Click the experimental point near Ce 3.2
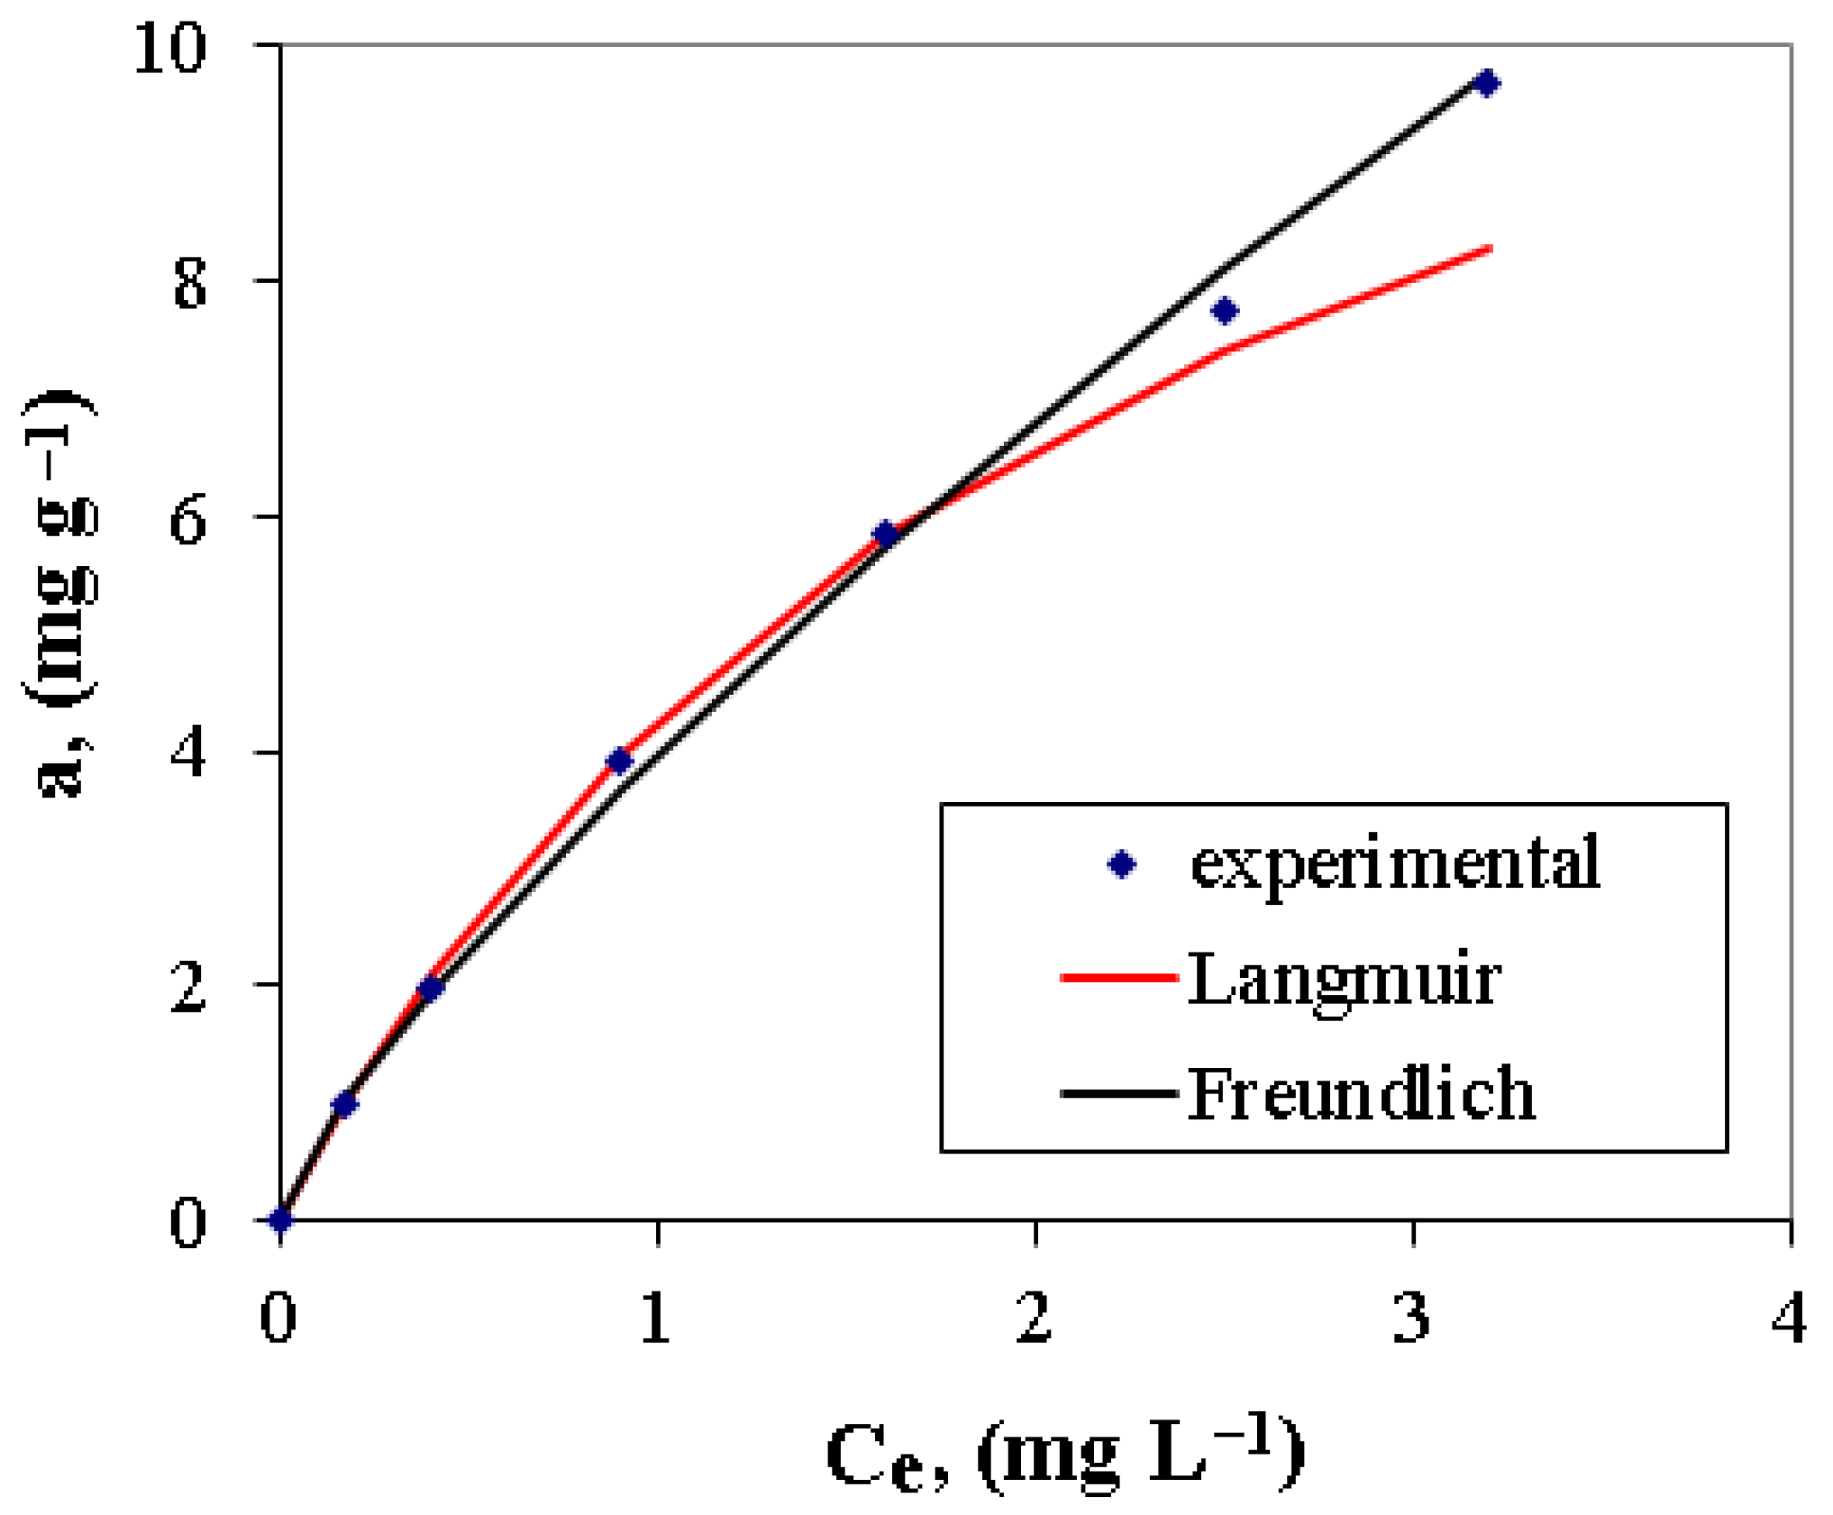[1486, 83]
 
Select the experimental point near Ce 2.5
[1224, 311]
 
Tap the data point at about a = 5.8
[886, 534]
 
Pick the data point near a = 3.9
[619, 761]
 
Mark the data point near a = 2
[431, 989]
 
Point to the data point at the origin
[281, 1219]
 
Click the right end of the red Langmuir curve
[1491, 249]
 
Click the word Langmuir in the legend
[1343, 980]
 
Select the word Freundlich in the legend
[1361, 1094]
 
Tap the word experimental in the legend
[1395, 863]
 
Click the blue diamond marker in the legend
[1121, 864]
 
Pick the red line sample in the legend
[1119, 977]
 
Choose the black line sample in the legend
[1119, 1093]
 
